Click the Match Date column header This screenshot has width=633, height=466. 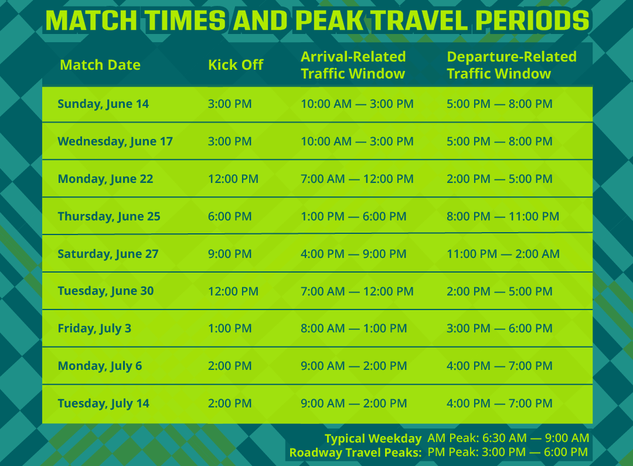coord(100,65)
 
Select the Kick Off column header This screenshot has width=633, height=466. coord(236,65)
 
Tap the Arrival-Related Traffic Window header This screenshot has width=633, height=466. coord(353,65)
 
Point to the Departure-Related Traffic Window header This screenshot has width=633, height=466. coord(512,65)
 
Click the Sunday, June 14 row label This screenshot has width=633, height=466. coord(103,104)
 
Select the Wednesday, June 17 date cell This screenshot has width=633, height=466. coord(115,142)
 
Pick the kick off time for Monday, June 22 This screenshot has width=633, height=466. coord(233,179)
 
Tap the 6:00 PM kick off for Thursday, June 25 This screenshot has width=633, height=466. coord(230,216)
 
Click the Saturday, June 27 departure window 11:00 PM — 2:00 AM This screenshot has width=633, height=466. coord(503,254)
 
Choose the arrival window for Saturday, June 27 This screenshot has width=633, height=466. coord(353,254)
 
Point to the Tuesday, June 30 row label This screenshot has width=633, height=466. coord(105,291)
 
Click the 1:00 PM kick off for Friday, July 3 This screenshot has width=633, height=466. coord(230,328)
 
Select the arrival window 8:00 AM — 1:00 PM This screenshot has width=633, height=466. coord(353,328)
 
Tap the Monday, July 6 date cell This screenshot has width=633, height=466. coord(100,366)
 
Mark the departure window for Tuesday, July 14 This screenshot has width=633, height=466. coord(499,403)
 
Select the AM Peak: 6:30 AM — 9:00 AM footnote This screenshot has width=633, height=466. coord(508,438)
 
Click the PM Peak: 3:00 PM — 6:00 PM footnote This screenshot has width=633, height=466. coord(508,453)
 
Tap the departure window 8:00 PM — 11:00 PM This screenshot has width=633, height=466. coord(503,216)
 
